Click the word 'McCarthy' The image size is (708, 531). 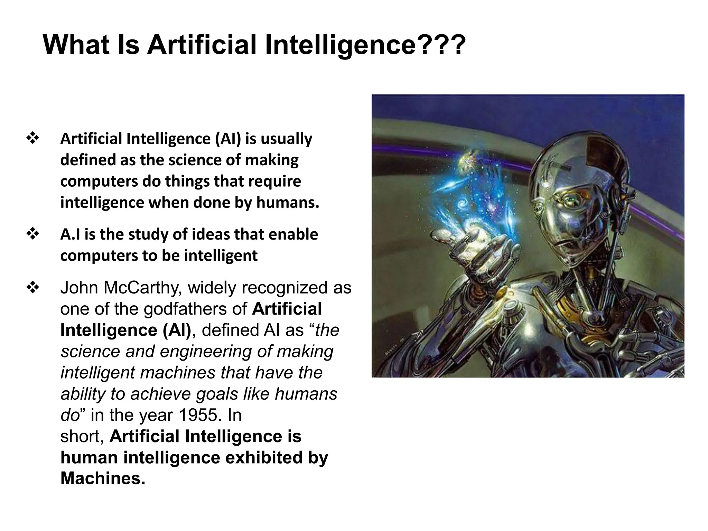(x=143, y=288)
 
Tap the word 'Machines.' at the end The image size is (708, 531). (x=103, y=478)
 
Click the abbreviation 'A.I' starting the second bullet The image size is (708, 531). (x=70, y=234)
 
